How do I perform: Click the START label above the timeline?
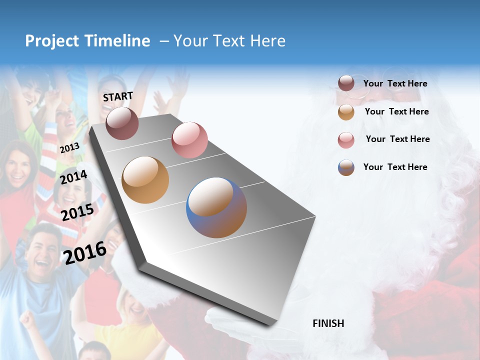click(118, 96)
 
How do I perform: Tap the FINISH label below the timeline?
click(328, 323)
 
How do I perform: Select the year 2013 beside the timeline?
click(69, 148)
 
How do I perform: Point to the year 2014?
click(73, 177)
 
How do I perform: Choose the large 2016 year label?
click(85, 252)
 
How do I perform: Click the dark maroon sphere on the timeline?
click(122, 123)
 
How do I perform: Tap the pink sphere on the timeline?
click(189, 139)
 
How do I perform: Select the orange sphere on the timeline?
click(145, 180)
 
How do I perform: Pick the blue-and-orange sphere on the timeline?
click(216, 207)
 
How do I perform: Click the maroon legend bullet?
click(346, 83)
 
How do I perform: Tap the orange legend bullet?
click(346, 112)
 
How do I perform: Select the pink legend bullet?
click(346, 140)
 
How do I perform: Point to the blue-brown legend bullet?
click(346, 167)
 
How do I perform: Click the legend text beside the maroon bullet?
click(395, 83)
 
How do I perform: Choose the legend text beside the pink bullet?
click(397, 139)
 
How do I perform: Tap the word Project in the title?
click(51, 41)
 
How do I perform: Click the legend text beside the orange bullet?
click(396, 111)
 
